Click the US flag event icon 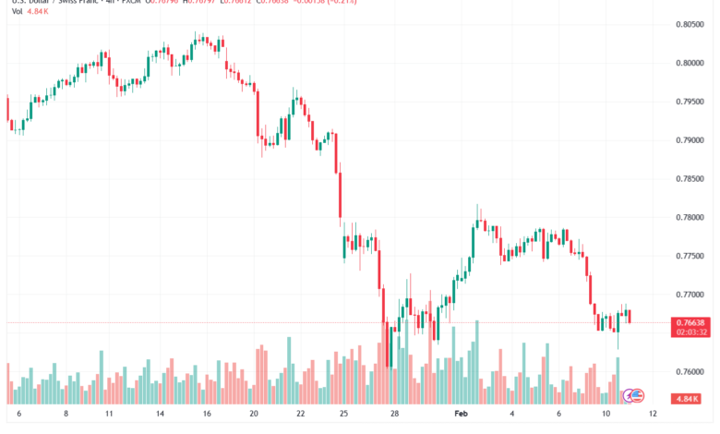pyautogui.click(x=637, y=396)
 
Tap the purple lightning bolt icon pyautogui.click(x=630, y=396)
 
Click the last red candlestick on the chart pyautogui.click(x=630, y=317)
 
